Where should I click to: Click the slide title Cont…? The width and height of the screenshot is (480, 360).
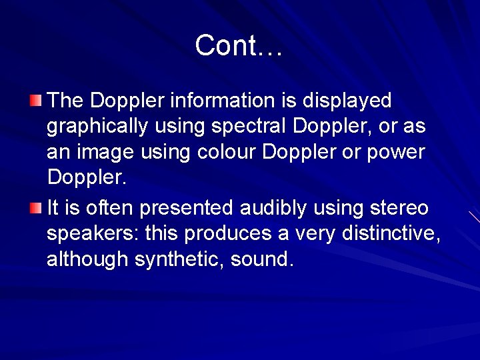239,45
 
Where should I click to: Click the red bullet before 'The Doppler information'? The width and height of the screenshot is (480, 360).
35,101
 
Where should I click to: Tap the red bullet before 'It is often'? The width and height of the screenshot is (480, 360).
35,209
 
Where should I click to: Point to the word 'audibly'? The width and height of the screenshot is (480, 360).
273,208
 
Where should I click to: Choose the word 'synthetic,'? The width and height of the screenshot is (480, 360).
179,260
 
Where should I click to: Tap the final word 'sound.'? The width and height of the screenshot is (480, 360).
262,259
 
